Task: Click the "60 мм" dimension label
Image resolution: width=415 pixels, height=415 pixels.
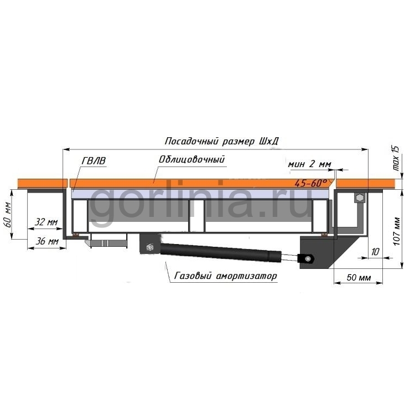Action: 8,215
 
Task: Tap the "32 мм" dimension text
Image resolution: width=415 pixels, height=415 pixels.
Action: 46,222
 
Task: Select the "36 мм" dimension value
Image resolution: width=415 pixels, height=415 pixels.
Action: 47,241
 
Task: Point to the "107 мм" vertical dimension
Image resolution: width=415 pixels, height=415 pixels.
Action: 397,231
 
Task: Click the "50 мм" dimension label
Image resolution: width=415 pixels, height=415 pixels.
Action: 359,277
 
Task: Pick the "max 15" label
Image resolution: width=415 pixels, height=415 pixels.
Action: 396,158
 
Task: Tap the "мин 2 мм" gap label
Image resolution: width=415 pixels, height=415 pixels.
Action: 309,164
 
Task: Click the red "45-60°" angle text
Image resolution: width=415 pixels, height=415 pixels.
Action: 311,183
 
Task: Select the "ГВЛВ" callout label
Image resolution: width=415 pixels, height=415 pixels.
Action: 94,160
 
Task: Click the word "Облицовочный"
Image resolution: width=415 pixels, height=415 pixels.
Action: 191,159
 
